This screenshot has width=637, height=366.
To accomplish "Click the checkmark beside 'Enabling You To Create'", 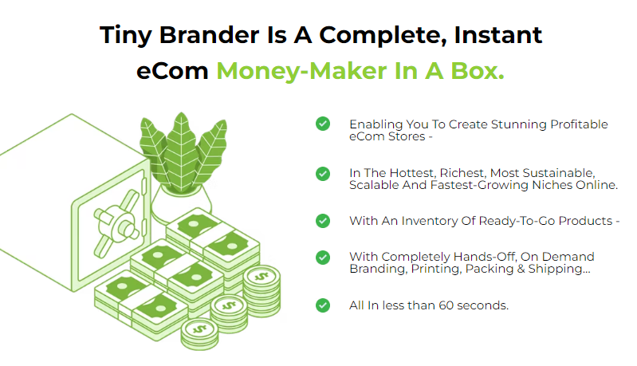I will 323,124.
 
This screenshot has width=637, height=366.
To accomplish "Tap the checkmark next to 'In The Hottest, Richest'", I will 323,173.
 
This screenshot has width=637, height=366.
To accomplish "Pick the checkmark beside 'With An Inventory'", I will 323,220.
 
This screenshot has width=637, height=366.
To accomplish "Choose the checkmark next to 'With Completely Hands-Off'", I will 323,257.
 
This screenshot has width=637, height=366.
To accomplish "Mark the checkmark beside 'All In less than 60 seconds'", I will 323,305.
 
